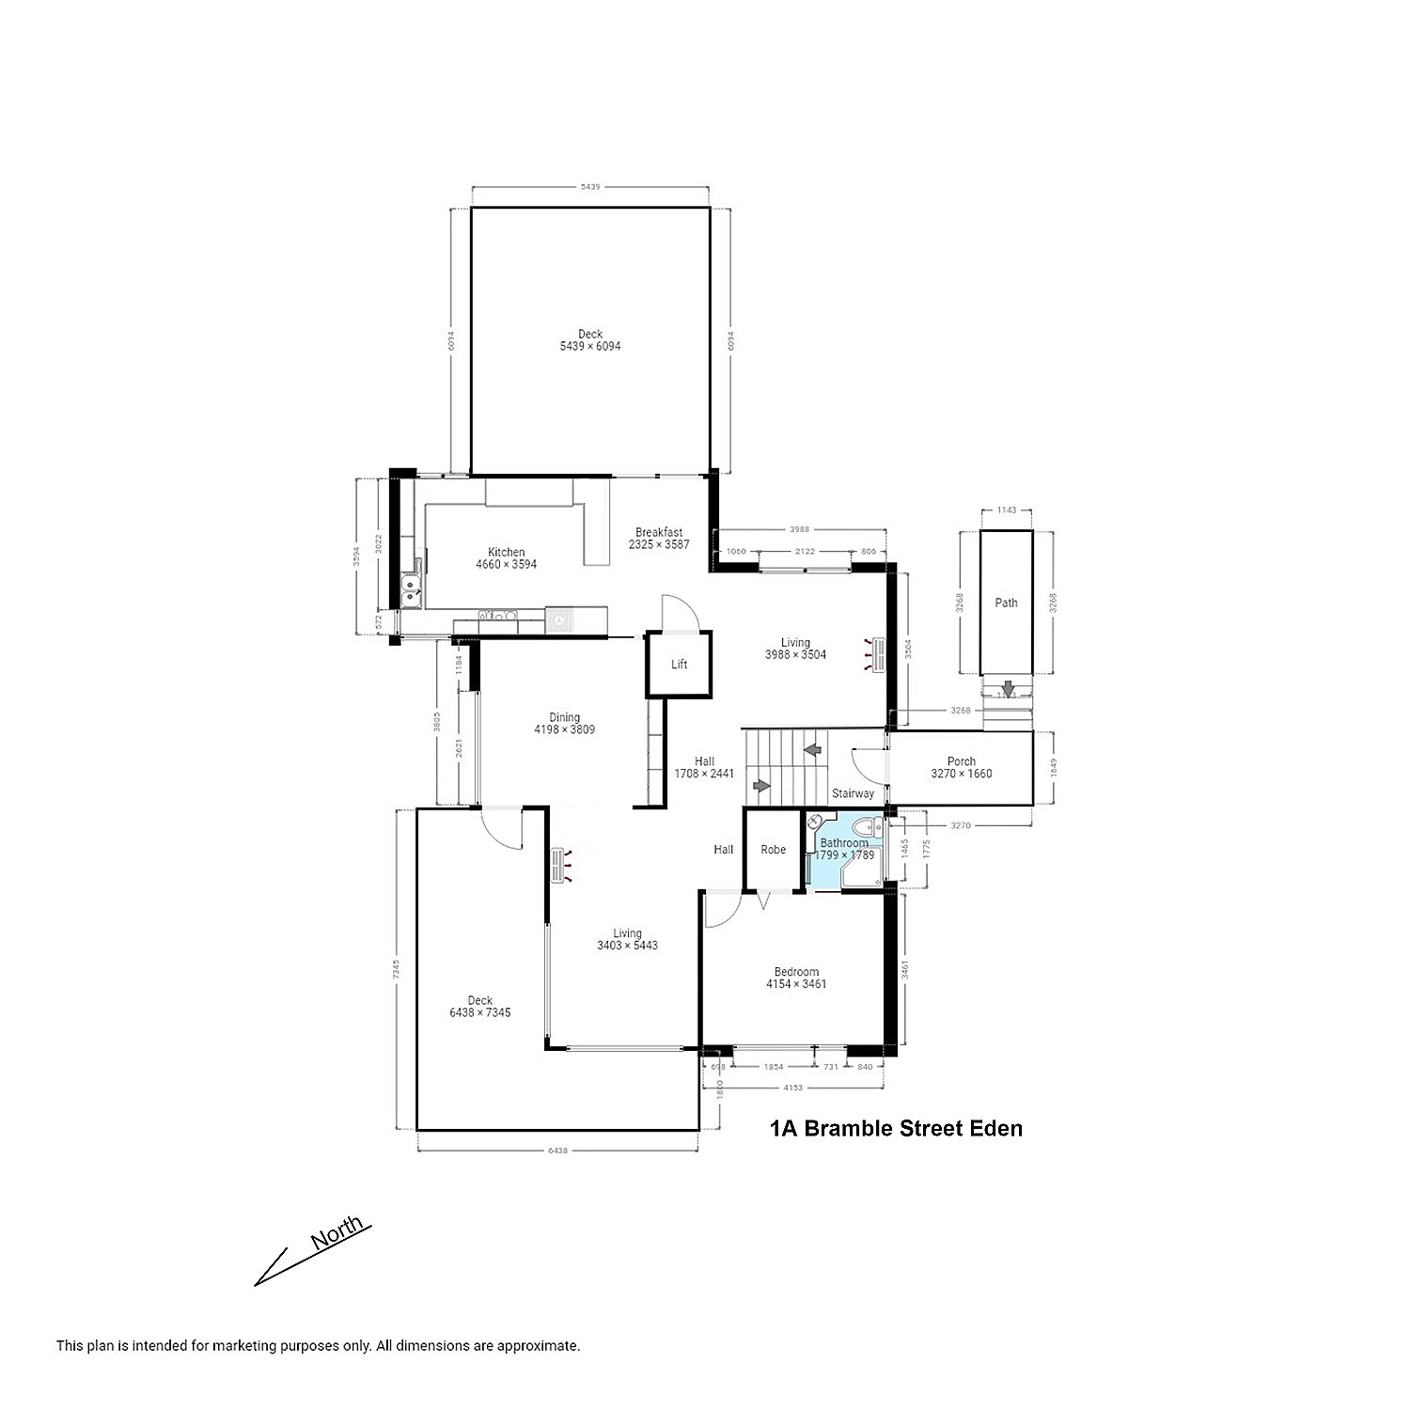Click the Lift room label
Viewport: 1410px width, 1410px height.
click(x=679, y=665)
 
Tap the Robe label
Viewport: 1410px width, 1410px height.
click(x=773, y=850)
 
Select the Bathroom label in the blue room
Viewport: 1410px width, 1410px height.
click(x=844, y=843)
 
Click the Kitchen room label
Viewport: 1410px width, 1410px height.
click(x=506, y=553)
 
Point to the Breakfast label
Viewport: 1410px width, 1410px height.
click(x=658, y=532)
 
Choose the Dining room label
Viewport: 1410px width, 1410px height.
click(x=564, y=717)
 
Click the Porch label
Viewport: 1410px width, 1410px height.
click(x=961, y=761)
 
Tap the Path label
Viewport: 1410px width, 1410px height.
click(x=1006, y=603)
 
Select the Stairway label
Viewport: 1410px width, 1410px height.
click(x=853, y=793)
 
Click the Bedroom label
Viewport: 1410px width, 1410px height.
click(x=796, y=972)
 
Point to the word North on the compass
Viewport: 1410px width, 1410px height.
click(x=337, y=1232)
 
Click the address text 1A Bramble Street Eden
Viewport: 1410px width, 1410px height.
click(x=896, y=1128)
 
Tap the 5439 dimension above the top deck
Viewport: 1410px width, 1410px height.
click(x=589, y=187)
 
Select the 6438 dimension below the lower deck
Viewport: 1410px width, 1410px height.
click(x=556, y=1150)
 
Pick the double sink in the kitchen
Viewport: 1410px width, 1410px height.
click(x=411, y=593)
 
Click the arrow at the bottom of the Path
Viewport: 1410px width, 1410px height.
click(x=1008, y=689)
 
